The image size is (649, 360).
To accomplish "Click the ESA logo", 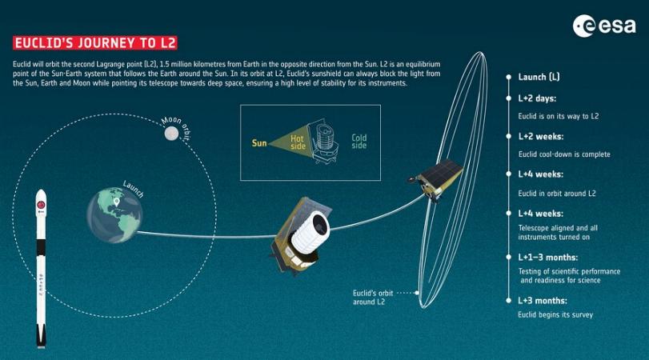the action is tap(604, 26).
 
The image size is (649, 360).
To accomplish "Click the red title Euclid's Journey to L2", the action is tap(95, 43).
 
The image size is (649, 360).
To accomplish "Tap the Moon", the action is tap(171, 134).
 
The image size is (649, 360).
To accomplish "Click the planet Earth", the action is tap(114, 215).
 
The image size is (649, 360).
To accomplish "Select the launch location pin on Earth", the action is tap(117, 202).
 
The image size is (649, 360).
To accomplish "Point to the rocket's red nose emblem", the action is tap(41, 205).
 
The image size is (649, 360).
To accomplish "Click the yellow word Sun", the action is tap(259, 143).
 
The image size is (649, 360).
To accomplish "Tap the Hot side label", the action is tap(298, 142).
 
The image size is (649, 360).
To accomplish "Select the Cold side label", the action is tap(359, 142).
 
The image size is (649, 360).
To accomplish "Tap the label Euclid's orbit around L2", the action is tap(373, 298).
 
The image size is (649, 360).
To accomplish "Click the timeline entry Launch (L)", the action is tap(539, 77).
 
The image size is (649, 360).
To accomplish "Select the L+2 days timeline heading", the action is tap(537, 98).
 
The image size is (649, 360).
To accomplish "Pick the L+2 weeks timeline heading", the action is tap(540, 137).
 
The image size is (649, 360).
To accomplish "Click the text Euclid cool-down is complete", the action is tap(564, 154).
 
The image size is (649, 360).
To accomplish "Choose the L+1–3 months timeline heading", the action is tap(547, 258).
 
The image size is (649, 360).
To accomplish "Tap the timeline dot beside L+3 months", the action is tap(509, 301).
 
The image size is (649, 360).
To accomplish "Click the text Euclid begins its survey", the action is tap(555, 315).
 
